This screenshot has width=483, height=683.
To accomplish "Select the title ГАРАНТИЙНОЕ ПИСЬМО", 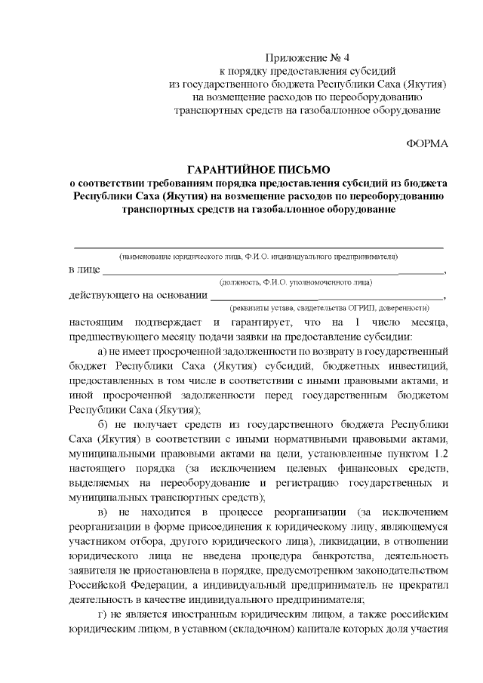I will tap(259, 170).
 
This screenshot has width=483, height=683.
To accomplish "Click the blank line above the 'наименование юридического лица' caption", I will tap(257, 247).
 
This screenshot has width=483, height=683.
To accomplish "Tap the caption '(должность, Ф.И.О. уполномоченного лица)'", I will tap(295, 282).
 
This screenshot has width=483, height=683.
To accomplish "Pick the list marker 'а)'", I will tap(106, 352).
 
